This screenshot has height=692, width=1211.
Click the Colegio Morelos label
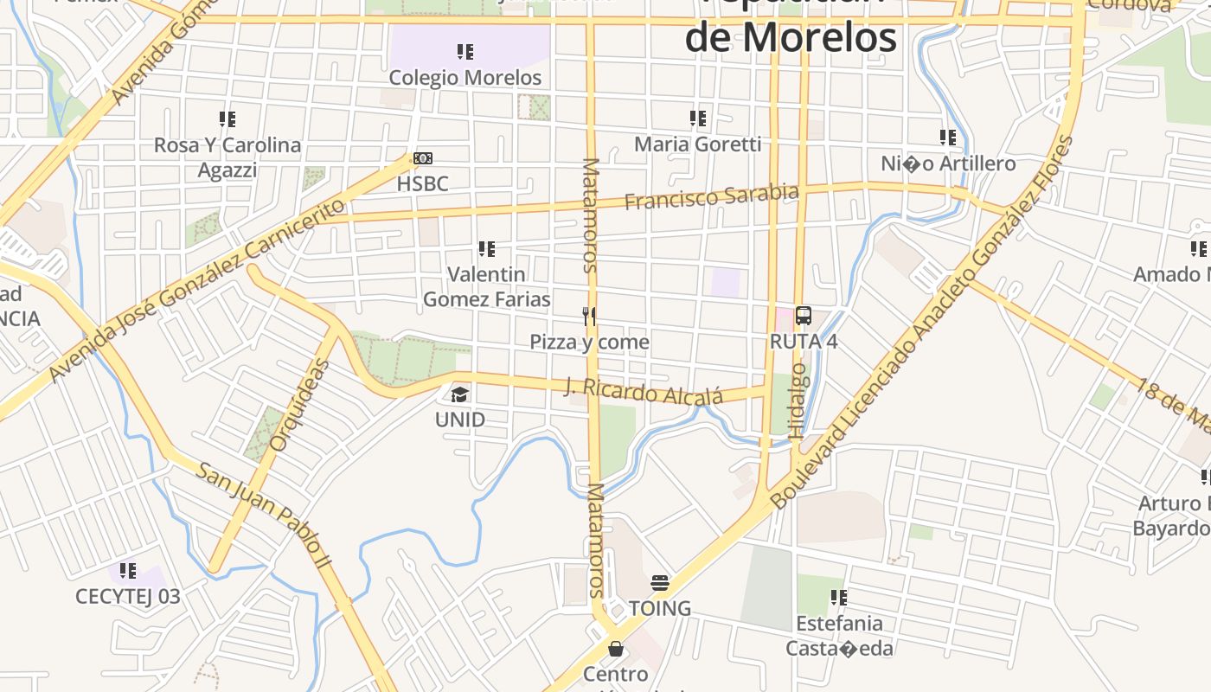[465, 78]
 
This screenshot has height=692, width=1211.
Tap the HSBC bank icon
[423, 158]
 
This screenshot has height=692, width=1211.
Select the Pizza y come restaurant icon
[589, 317]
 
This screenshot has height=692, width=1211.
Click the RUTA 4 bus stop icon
[804, 316]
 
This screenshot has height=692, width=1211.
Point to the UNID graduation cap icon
[459, 395]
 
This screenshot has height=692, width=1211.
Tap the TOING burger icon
[660, 584]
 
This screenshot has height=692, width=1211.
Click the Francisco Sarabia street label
[711, 196]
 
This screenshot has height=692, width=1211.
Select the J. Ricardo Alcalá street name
[644, 391]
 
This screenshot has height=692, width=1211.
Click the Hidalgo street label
[797, 400]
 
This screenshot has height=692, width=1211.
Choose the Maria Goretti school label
[698, 144]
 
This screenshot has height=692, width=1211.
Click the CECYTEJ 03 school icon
[128, 571]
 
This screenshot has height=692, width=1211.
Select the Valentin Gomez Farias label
[486, 287]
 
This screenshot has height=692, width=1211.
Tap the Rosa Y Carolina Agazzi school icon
[227, 119]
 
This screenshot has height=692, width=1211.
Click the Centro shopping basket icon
[616, 648]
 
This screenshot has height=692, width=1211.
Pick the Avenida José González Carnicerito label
[197, 291]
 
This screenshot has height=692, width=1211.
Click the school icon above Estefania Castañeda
[838, 598]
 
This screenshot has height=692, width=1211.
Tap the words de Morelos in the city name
[791, 37]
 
